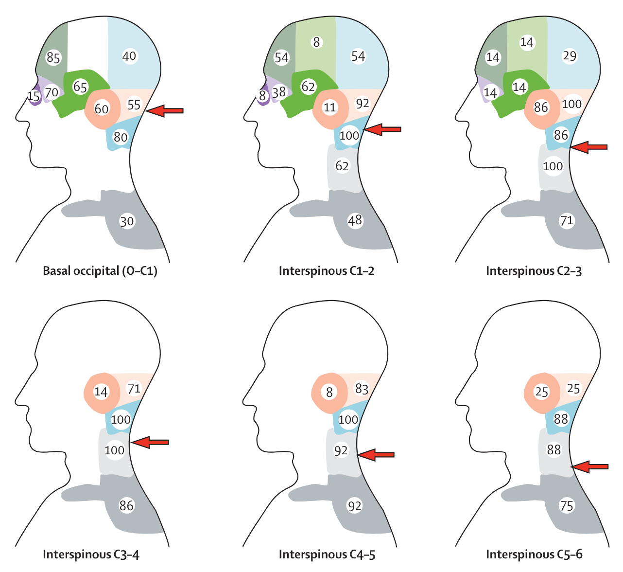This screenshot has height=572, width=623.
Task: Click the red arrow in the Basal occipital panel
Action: tap(164, 111)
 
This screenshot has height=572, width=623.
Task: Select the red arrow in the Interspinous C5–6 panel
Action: tap(589, 466)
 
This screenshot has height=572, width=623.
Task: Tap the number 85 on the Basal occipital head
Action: tap(53, 58)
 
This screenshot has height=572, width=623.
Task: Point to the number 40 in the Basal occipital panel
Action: tap(129, 56)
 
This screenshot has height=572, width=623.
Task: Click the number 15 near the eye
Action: tap(34, 96)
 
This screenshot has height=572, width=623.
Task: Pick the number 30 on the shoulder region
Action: tap(127, 222)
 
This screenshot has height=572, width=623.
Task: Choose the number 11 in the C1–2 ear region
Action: tap(329, 107)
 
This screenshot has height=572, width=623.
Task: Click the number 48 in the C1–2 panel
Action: tap(355, 220)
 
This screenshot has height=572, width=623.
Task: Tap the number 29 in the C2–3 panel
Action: tap(570, 56)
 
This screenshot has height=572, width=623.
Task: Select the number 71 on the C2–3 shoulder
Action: tap(567, 221)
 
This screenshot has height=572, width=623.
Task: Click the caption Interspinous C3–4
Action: tap(91, 554)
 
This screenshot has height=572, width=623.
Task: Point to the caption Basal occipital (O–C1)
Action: tap(100, 271)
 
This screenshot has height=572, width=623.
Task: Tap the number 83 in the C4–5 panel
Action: tap(362, 389)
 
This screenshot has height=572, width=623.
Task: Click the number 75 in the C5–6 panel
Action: tap(567, 506)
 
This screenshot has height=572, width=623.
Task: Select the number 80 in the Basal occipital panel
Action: tap(121, 137)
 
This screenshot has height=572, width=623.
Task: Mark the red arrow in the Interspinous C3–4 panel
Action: tap(150, 442)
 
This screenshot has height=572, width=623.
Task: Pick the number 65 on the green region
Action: tap(80, 87)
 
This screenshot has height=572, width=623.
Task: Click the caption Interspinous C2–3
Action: tap(534, 271)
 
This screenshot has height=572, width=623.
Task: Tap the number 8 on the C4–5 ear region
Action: tap(329, 393)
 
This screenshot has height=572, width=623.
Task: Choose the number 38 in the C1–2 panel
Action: tap(279, 92)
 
